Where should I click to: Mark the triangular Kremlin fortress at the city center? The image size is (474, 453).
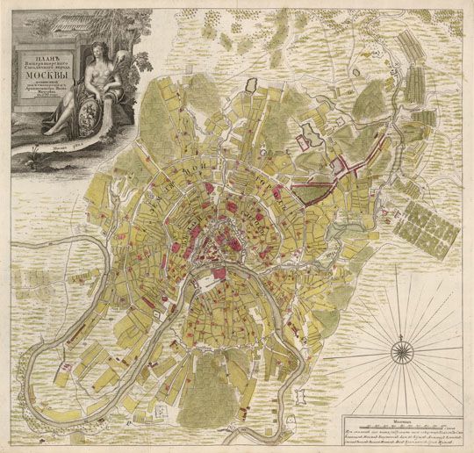[x=214, y=239]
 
